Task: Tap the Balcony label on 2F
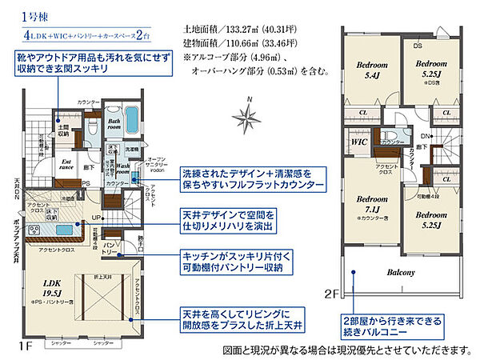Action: [402, 273]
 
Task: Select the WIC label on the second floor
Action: [360, 142]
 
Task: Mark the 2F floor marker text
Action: [334, 294]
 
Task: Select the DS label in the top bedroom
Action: [418, 46]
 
